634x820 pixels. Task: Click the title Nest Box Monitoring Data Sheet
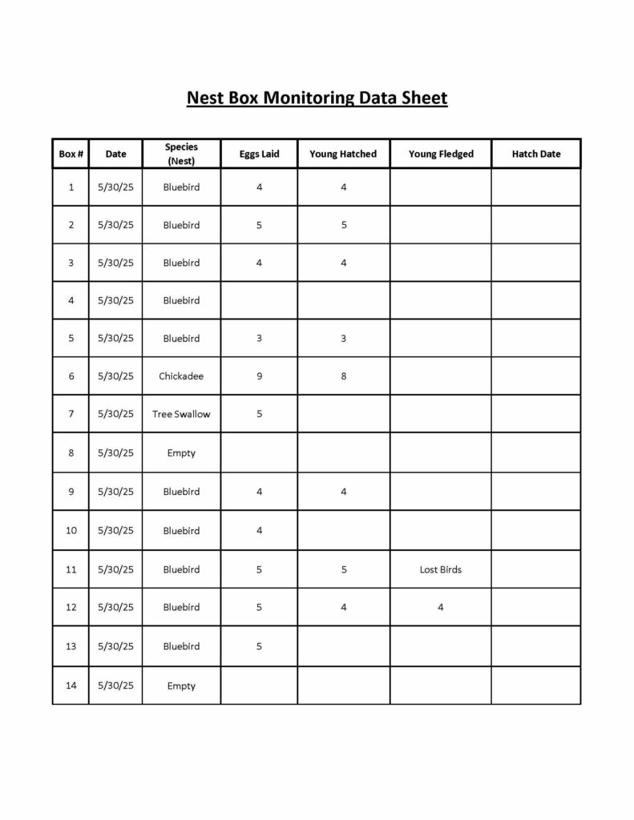click(317, 98)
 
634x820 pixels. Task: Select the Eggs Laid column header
click(259, 154)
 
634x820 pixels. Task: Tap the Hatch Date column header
click(536, 154)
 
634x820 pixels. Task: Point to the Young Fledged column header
click(441, 154)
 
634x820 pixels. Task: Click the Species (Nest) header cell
click(181, 154)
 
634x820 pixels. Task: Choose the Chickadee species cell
click(181, 376)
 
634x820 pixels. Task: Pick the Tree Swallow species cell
click(181, 414)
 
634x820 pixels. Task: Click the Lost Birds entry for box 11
click(441, 569)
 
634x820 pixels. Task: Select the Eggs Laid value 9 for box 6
click(259, 376)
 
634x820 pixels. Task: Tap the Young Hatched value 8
click(344, 376)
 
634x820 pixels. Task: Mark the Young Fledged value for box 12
click(441, 607)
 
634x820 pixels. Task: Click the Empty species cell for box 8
click(181, 452)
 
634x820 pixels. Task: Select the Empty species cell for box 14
click(181, 685)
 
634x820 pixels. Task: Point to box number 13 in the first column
click(71, 646)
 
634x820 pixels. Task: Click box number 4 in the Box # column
click(71, 300)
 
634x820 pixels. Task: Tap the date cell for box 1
click(115, 187)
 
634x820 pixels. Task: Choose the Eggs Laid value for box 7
click(259, 414)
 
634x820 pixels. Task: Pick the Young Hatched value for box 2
click(344, 225)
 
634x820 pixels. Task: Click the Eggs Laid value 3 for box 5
click(259, 338)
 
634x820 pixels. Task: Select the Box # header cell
click(71, 154)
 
